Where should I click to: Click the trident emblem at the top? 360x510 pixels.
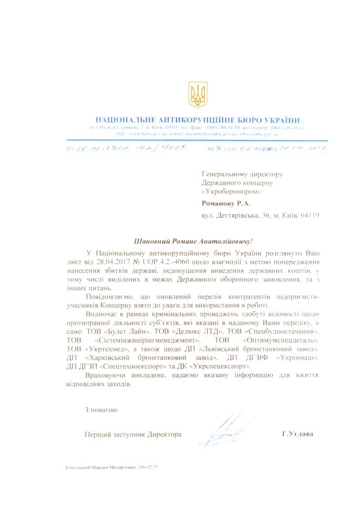click(x=198, y=95)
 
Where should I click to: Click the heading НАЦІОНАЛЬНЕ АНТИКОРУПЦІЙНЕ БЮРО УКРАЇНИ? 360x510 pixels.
click(x=198, y=120)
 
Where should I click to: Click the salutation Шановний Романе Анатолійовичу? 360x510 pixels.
click(x=193, y=241)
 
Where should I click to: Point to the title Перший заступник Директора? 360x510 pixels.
click(x=133, y=434)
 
